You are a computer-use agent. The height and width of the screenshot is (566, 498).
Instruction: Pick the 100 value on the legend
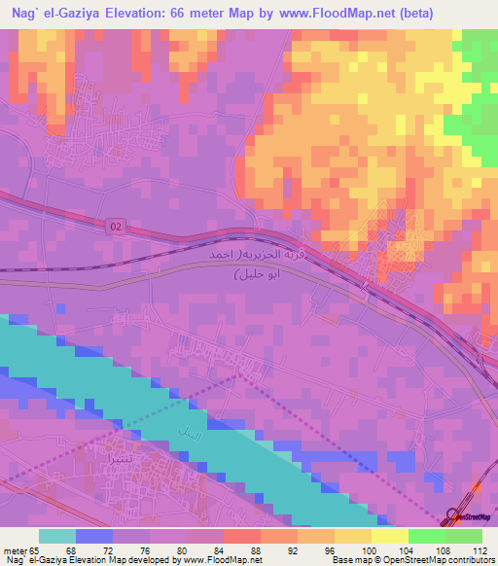coord(371,550)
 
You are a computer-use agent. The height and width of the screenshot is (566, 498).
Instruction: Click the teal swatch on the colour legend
coord(57,536)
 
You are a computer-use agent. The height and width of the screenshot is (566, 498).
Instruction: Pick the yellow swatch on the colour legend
coord(388,536)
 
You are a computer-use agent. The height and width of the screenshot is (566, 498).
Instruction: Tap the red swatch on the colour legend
coord(241,536)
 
